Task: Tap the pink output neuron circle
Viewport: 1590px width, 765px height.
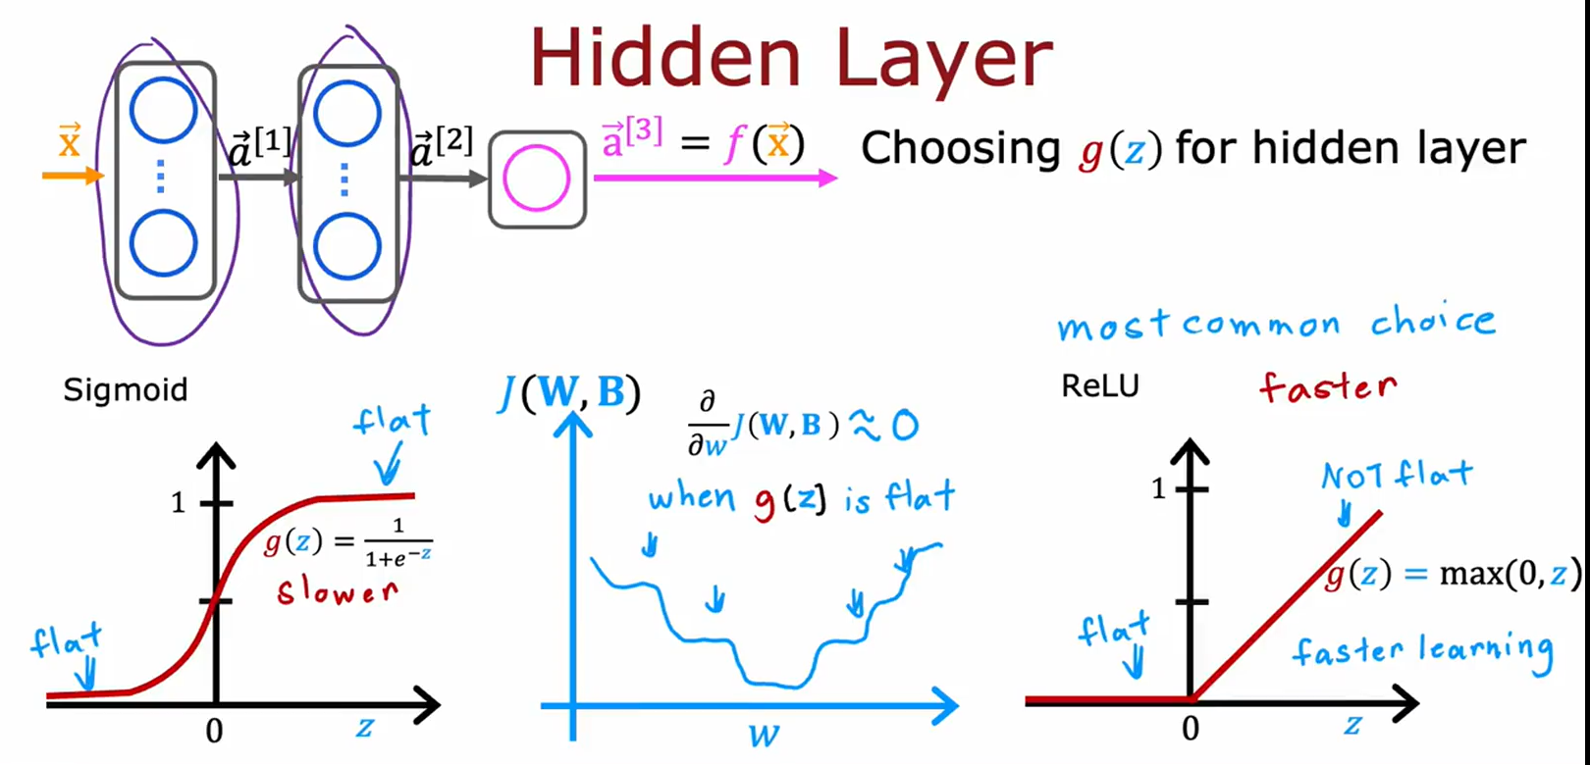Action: tap(536, 178)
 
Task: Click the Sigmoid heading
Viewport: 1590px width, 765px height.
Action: tap(125, 389)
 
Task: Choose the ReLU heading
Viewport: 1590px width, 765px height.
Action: tap(1100, 385)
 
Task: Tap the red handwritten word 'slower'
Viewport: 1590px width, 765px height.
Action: tap(337, 591)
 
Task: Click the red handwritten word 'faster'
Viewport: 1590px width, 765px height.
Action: tap(1328, 386)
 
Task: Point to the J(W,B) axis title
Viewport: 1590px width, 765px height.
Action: tap(569, 392)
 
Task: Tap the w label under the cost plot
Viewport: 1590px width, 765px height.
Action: tap(764, 735)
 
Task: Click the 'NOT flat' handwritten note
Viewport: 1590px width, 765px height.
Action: tap(1397, 477)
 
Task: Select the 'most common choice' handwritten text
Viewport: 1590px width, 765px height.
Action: tap(1276, 324)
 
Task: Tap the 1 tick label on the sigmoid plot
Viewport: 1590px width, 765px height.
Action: tap(178, 503)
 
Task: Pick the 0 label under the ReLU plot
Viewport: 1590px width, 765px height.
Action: tap(1191, 729)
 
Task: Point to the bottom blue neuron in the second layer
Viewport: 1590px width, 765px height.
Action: tap(347, 245)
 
